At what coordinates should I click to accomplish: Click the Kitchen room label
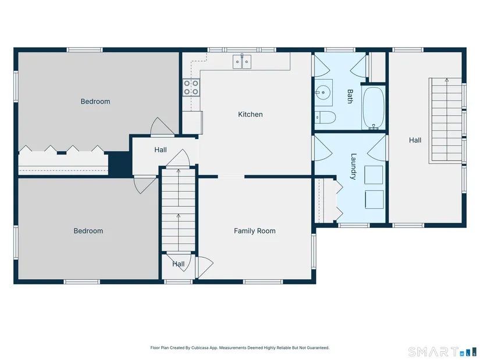[250, 115]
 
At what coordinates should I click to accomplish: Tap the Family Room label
[254, 231]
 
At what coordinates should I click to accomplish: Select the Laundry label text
[353, 166]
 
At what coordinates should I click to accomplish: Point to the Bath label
[350, 96]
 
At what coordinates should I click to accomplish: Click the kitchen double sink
[242, 62]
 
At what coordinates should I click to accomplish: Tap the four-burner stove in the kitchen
[191, 87]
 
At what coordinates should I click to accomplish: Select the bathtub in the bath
[374, 108]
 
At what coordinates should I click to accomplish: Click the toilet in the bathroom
[325, 117]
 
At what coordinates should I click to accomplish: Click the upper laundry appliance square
[374, 175]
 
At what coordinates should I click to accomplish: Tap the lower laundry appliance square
[374, 199]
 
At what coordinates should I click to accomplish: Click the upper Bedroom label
[95, 101]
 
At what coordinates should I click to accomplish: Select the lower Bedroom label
[88, 231]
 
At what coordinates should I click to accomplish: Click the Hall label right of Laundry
[415, 140]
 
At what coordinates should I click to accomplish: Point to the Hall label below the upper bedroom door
[161, 149]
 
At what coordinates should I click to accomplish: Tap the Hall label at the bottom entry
[178, 264]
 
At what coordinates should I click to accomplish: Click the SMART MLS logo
[443, 352]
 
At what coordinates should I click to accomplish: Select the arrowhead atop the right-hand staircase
[447, 80]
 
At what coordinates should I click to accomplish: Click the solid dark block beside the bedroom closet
[119, 164]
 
